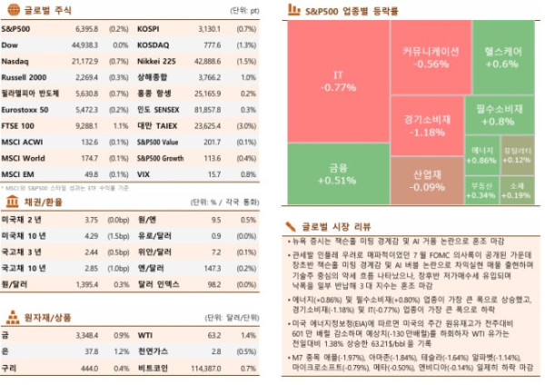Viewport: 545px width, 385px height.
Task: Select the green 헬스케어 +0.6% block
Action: click(x=501, y=58)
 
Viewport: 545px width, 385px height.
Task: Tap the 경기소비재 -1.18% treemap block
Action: click(x=422, y=125)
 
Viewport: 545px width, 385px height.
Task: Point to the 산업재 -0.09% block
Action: click(x=422, y=179)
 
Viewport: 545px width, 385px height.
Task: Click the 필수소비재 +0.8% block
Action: click(x=500, y=114)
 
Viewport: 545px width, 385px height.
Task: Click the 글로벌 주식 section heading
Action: click(x=36, y=11)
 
